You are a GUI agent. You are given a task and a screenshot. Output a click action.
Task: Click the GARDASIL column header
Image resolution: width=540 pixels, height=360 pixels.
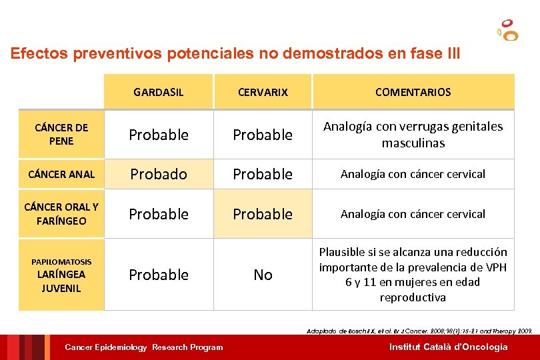coord(159,92)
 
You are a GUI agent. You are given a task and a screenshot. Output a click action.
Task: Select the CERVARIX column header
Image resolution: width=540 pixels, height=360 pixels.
coord(263,92)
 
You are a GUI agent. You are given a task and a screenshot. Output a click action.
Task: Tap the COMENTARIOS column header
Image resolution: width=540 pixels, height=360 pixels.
coord(413,92)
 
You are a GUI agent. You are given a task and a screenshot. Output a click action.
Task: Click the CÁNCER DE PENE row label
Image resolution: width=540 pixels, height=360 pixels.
coord(61,134)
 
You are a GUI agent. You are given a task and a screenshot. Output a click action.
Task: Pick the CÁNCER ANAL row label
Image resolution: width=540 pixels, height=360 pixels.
coord(61,175)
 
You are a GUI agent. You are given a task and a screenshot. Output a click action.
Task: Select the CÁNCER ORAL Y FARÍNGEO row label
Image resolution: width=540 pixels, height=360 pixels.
coord(61,213)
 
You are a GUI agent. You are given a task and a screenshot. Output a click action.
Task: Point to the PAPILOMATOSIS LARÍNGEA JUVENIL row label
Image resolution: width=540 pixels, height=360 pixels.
coord(61,275)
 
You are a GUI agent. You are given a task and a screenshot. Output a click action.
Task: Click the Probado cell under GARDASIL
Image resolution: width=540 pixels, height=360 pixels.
coord(159,174)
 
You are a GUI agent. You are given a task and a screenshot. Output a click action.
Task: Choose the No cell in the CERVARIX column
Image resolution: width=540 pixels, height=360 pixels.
coord(263,275)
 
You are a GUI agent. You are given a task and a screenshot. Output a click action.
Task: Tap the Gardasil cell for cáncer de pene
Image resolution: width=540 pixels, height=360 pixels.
coord(159,135)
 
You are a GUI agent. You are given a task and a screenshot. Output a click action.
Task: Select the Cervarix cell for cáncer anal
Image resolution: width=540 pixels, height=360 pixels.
coord(263,174)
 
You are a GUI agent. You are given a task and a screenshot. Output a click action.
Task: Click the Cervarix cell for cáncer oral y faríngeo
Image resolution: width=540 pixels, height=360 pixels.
coord(263,214)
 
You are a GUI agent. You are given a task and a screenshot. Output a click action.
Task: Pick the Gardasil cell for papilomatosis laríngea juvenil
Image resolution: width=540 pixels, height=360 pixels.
coord(159,275)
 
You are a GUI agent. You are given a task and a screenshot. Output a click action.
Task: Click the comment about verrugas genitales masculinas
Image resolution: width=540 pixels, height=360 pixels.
coord(413,135)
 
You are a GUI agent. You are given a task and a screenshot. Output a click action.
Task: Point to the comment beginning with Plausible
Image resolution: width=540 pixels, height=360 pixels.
coord(413,275)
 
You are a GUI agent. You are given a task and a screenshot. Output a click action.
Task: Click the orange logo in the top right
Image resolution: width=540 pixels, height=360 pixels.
coord(509,30)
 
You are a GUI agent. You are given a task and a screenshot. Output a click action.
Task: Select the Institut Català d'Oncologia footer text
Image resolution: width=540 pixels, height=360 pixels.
coord(448,347)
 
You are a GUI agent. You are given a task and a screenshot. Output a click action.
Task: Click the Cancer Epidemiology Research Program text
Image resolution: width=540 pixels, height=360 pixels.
coord(143,347)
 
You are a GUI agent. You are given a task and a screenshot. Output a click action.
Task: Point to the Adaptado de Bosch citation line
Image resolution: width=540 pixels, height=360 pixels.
coord(419,331)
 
